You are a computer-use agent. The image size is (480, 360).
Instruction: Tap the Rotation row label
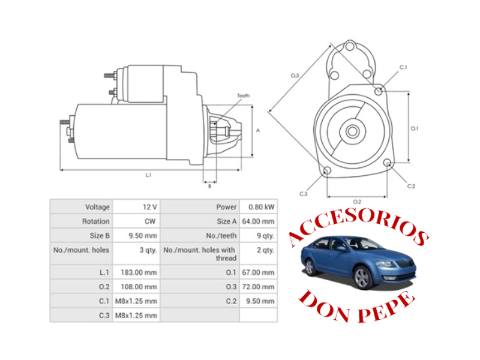coord(96,221)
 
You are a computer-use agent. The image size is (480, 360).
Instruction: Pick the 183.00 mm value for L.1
coord(141,272)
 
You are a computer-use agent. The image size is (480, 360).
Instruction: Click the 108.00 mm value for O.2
coord(141,286)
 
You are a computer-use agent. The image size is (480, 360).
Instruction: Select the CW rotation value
coord(150,221)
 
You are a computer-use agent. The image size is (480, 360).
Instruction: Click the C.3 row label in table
coord(103,315)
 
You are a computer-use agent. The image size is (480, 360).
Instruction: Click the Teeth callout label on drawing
coord(243,96)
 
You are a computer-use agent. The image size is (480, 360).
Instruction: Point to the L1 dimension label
coord(148,175)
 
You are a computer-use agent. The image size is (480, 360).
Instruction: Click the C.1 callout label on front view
coord(403,67)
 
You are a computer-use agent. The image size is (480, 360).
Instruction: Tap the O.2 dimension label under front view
coord(358,201)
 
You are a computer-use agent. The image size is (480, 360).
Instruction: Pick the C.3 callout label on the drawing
coord(304,194)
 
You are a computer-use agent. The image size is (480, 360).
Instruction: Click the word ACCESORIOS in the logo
coord(358,228)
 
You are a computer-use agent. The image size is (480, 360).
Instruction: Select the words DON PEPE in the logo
coord(356,306)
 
